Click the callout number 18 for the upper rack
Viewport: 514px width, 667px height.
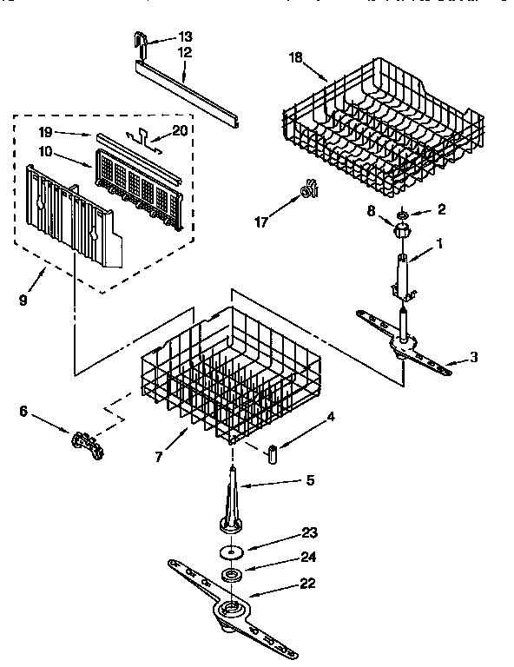tap(295, 57)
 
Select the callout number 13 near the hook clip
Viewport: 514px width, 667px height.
tap(185, 36)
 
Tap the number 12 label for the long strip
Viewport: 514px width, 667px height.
tap(184, 52)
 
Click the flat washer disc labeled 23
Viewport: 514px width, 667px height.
tap(231, 551)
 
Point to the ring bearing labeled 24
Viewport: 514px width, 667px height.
tap(231, 575)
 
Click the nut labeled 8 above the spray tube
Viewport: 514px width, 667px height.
tap(401, 231)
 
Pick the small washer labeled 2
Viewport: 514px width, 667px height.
tap(404, 213)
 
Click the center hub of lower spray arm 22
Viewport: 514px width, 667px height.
tap(230, 610)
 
